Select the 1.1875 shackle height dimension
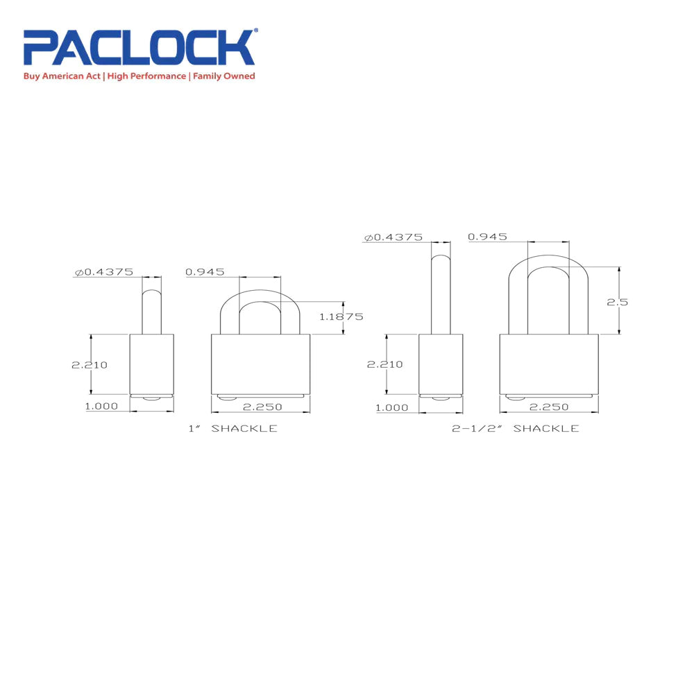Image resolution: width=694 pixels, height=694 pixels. tap(341, 316)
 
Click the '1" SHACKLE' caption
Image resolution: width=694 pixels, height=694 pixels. tap(232, 429)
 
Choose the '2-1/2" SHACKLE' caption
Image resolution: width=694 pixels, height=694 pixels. tap(515, 429)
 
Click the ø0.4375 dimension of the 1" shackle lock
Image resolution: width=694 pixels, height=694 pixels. tap(104, 272)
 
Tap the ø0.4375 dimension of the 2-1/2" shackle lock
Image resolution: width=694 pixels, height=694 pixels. tap(393, 237)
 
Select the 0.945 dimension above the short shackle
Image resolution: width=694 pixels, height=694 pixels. tap(205, 272)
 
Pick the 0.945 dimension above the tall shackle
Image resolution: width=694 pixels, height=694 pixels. tap(487, 237)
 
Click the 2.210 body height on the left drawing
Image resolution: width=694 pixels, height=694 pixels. tap(90, 364)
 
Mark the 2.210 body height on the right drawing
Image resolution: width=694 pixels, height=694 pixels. tap(380, 364)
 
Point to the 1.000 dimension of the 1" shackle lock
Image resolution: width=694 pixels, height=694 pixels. tap(101, 407)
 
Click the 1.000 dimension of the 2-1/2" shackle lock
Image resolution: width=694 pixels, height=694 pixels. tap(391, 407)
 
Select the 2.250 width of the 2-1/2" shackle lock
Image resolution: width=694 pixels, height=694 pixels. tap(548, 407)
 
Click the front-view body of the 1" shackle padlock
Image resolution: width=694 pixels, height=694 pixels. tap(260, 364)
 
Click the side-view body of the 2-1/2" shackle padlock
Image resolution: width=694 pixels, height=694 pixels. tap(441, 364)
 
